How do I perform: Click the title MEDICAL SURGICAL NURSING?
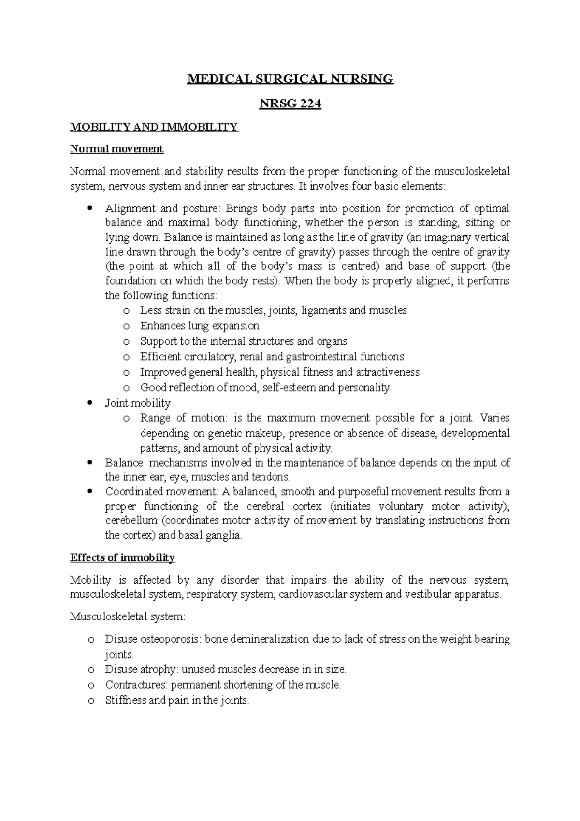pyautogui.click(x=290, y=79)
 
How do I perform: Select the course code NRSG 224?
pyautogui.click(x=290, y=103)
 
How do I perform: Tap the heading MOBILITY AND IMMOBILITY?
pyautogui.click(x=154, y=127)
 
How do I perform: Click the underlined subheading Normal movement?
pyautogui.click(x=117, y=149)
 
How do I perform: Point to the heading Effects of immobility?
pyautogui.click(x=122, y=557)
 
